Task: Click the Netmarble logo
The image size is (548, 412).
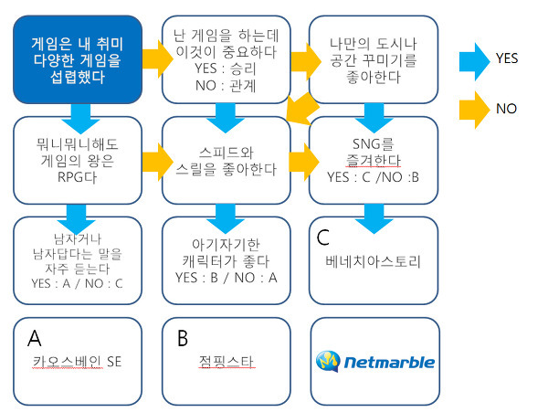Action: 375,362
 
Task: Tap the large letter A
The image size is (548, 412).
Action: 35,338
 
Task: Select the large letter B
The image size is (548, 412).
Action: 183,338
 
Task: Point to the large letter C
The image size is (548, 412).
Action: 323,238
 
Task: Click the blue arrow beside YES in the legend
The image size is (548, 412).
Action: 474,61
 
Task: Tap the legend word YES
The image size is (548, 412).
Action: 507,58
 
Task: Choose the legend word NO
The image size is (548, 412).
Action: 506,109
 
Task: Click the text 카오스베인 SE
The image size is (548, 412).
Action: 77,362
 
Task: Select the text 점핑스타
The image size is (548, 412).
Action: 227,362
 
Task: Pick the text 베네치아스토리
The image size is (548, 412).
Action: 374,261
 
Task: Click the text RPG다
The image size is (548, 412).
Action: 77,177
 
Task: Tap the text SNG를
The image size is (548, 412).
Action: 374,144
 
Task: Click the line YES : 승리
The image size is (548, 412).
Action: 226,69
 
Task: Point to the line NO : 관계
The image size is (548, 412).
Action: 226,85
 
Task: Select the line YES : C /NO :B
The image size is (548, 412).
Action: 373,177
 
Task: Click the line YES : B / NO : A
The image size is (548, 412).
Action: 227,278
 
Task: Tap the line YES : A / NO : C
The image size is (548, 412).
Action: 77,283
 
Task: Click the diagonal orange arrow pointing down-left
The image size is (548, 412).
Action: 301,109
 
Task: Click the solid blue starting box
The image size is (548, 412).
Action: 78,59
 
